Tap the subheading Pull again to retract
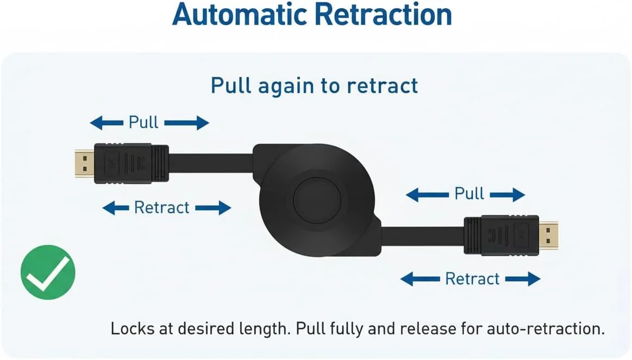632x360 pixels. (315, 85)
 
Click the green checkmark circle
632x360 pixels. (48, 272)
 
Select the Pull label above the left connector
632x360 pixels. (143, 122)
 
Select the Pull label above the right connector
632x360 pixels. (469, 194)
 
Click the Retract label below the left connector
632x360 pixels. (162, 207)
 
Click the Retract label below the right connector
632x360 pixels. (472, 278)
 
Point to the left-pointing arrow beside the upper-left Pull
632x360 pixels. (106, 123)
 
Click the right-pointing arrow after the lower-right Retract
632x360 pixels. (522, 279)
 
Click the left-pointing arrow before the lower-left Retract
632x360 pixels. (116, 208)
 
